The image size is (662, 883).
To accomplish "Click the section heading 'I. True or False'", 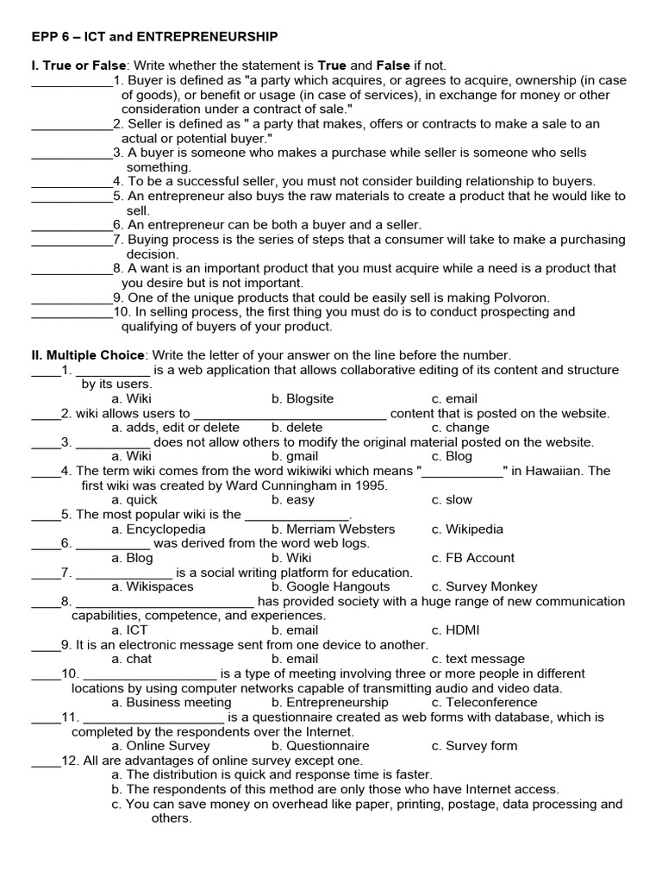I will tap(78, 66).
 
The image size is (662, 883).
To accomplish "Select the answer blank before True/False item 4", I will tap(72, 182).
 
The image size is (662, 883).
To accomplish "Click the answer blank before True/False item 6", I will tap(72, 225).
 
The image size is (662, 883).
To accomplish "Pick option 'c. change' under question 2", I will tap(460, 428).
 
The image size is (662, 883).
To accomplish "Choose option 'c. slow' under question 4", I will tap(452, 500).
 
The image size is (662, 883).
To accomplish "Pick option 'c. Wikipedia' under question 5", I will tap(467, 529).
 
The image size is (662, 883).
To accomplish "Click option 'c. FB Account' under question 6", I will tap(472, 558).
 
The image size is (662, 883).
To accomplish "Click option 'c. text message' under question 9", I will tap(478, 660).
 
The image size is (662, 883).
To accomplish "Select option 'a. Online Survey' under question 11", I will tap(160, 746).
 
